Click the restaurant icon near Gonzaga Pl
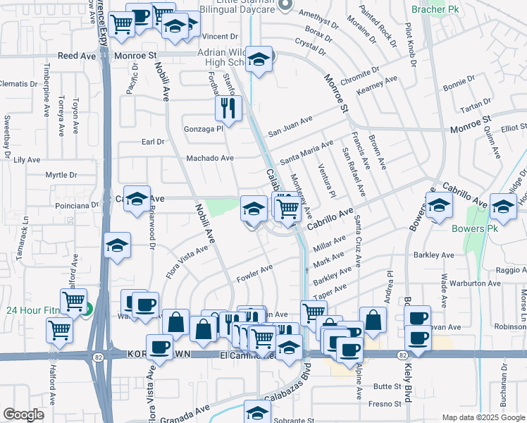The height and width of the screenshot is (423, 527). pos(227,108)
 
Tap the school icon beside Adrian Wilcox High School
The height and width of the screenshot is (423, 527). pos(259,61)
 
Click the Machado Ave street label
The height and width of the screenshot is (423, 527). pos(209,159)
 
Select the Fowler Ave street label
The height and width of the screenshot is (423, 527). pos(254,270)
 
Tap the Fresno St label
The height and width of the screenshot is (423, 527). pos(387,404)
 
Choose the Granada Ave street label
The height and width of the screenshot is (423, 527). pos(188,409)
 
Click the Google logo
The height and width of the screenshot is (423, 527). pos(23,415)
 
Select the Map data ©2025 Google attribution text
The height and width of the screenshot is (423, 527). pos(484,417)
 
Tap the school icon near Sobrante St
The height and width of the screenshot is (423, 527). pos(257,412)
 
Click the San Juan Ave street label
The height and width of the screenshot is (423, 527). pos(289,128)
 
